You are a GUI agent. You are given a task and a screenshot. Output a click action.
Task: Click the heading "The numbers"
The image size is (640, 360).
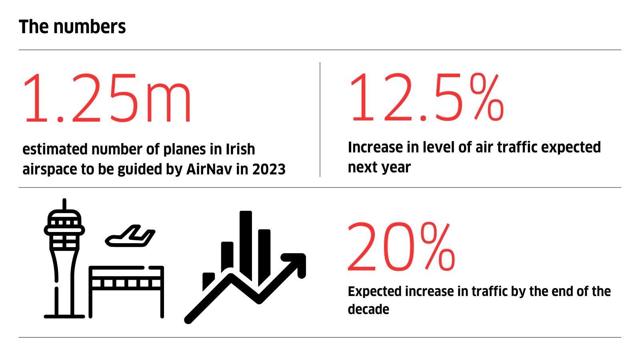point(72,27)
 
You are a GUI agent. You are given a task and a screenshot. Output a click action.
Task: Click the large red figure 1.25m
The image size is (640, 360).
point(107,98)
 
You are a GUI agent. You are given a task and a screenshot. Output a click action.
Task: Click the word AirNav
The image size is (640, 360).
point(209,169)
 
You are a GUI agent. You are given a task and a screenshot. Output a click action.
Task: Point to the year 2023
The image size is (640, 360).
point(269,169)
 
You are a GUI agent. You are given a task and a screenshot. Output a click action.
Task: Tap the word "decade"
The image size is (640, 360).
point(368,309)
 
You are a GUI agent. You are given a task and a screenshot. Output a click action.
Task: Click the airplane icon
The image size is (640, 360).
point(130,236)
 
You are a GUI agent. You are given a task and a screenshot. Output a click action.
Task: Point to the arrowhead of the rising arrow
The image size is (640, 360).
point(297,262)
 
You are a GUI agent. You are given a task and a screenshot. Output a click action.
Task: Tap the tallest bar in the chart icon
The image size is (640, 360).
point(246,246)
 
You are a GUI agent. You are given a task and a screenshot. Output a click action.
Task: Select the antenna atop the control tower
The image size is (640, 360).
point(64,204)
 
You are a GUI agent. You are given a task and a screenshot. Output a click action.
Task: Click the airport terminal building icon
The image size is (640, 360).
point(126,292)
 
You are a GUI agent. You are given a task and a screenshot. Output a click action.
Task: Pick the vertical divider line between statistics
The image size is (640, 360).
point(320,119)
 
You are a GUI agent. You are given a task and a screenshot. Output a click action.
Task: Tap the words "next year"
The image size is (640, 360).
point(379,168)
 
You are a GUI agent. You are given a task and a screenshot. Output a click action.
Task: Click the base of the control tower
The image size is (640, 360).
point(64,316)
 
